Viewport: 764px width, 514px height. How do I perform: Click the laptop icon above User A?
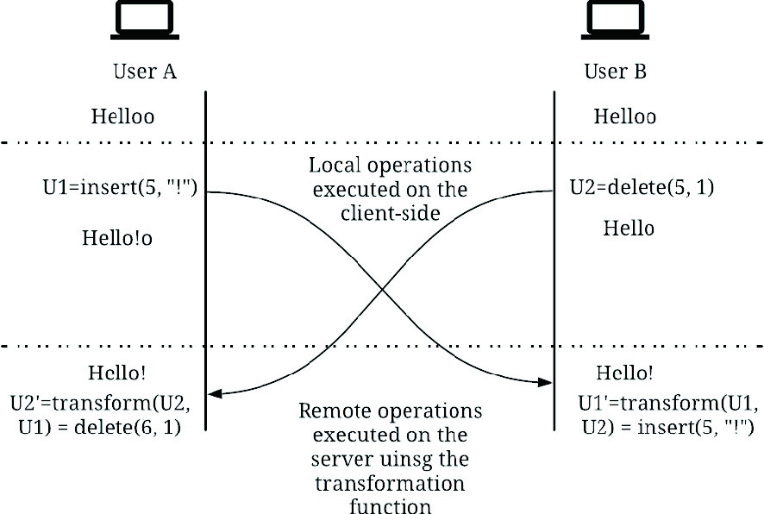[x=144, y=21]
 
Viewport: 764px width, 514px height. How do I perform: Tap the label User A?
[x=145, y=71]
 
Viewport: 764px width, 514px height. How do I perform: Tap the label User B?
[x=615, y=71]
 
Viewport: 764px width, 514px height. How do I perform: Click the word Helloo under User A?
[x=122, y=116]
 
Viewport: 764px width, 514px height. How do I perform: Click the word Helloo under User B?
[x=625, y=116]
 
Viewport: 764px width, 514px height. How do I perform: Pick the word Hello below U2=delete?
[x=628, y=228]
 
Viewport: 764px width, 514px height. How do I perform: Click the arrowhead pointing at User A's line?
[x=215, y=394]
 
